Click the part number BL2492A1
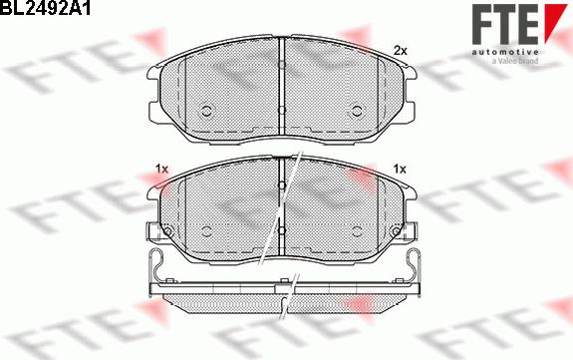45,8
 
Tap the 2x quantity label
401,51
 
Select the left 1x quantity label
161,169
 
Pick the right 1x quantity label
400,169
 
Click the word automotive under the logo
504,52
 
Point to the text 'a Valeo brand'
515,61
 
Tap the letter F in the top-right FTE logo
482,23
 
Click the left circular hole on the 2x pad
207,111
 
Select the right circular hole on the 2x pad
356,111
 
